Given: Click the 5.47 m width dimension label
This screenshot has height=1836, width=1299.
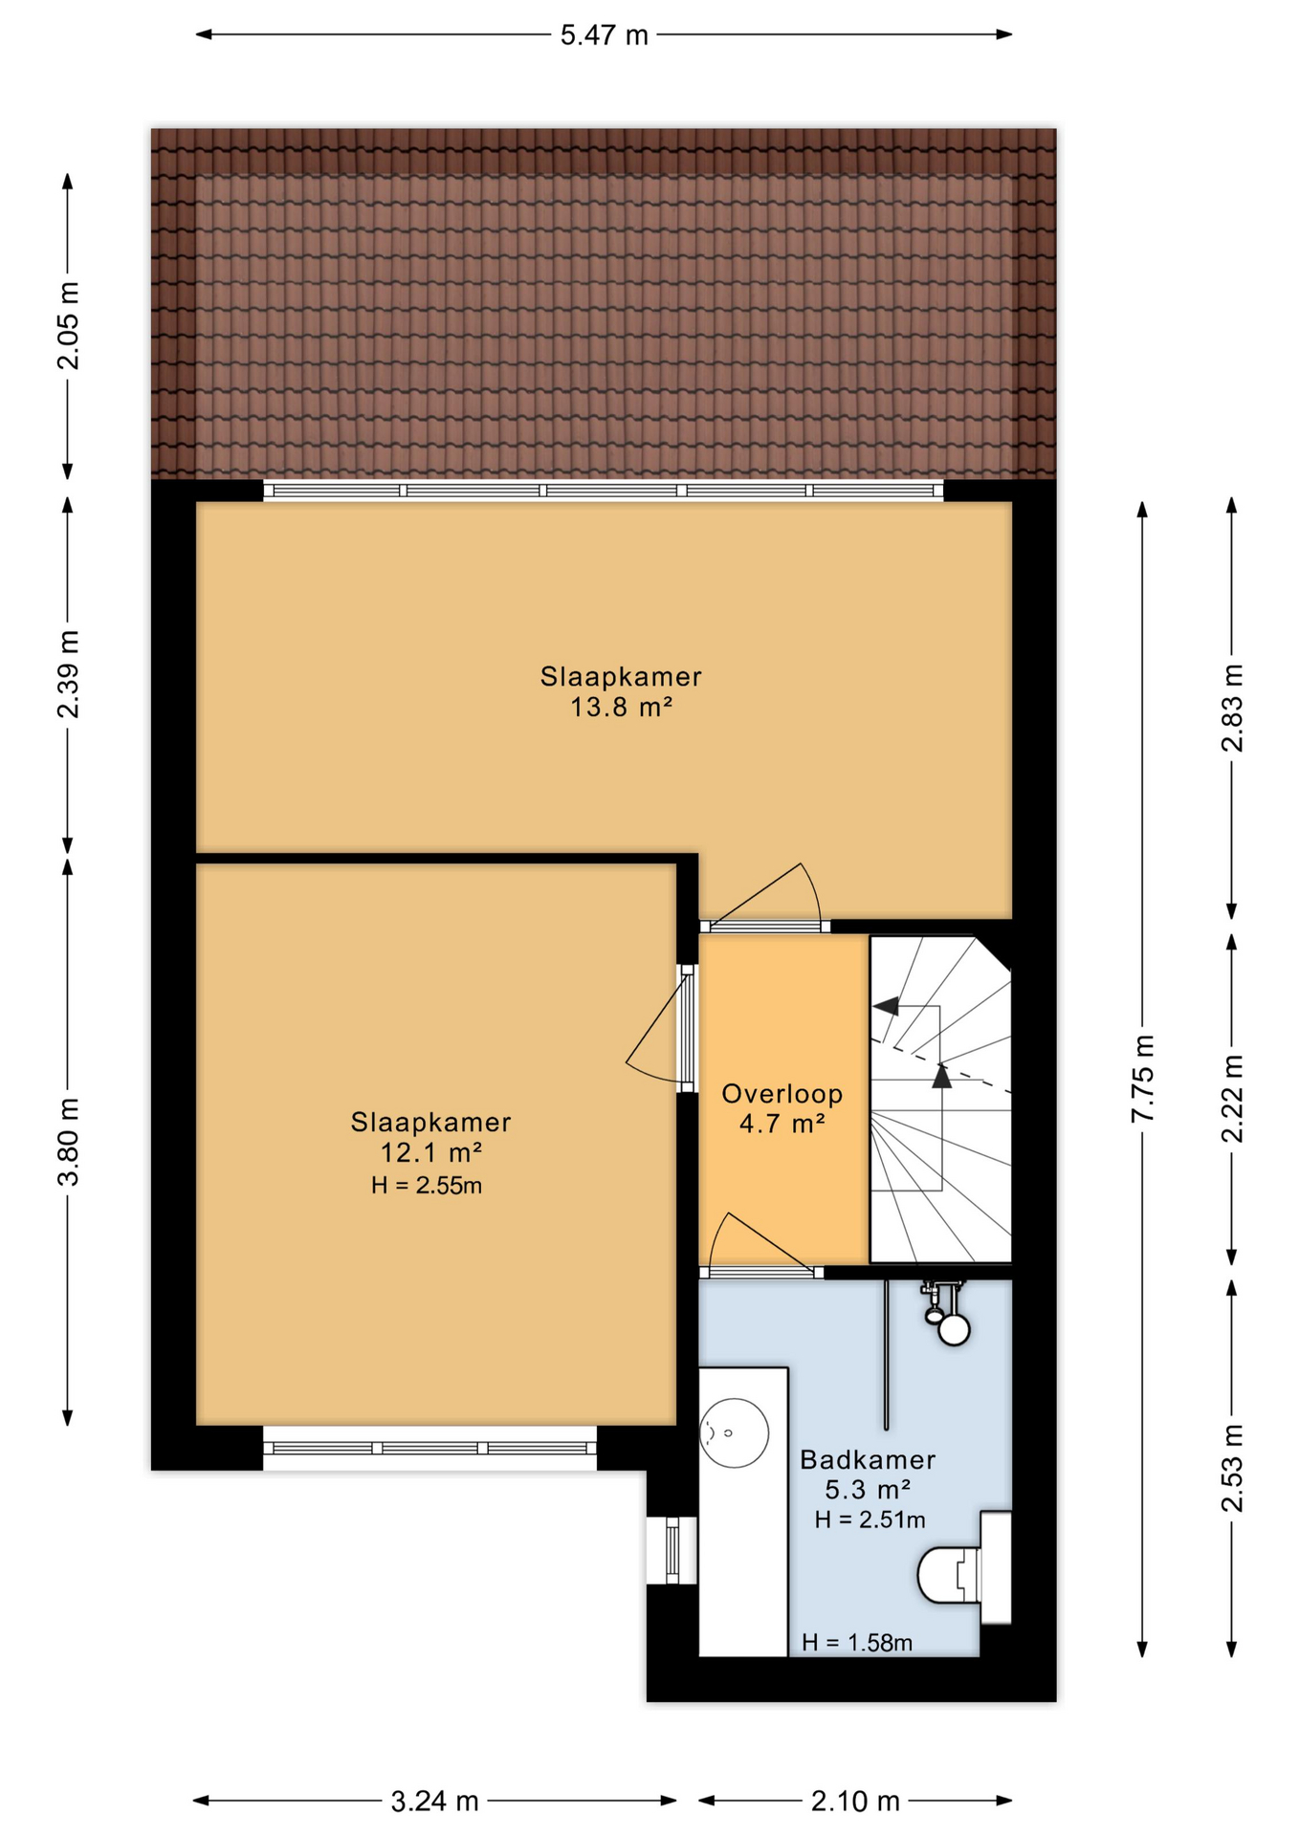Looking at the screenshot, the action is point(604,35).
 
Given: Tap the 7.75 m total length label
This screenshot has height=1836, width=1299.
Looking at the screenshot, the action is point(1143,1079).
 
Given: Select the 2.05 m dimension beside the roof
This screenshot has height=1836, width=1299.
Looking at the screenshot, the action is point(68,326).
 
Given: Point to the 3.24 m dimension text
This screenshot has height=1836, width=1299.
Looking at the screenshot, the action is point(434,1802).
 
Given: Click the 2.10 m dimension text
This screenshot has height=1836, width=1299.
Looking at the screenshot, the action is point(855,1802).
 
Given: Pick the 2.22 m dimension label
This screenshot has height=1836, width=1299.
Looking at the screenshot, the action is point(1232,1099).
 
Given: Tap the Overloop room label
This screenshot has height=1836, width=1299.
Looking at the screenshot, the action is point(782,1093).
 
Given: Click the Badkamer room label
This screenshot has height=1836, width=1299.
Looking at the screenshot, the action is point(868,1459).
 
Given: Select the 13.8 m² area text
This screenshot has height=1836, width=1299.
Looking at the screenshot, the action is point(622,708).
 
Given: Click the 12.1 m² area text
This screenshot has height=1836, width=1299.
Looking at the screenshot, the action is point(431,1152).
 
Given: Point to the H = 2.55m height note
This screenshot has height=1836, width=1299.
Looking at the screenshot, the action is point(427,1186).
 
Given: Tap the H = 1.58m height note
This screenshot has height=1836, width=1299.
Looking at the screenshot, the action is point(857,1643).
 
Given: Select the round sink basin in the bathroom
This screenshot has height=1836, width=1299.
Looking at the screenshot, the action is point(734,1432).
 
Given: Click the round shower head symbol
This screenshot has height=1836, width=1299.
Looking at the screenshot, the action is point(954,1328).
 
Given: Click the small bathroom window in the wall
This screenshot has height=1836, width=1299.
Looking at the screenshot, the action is point(672,1550).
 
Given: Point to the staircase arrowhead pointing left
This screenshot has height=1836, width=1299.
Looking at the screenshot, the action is point(886,1006).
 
